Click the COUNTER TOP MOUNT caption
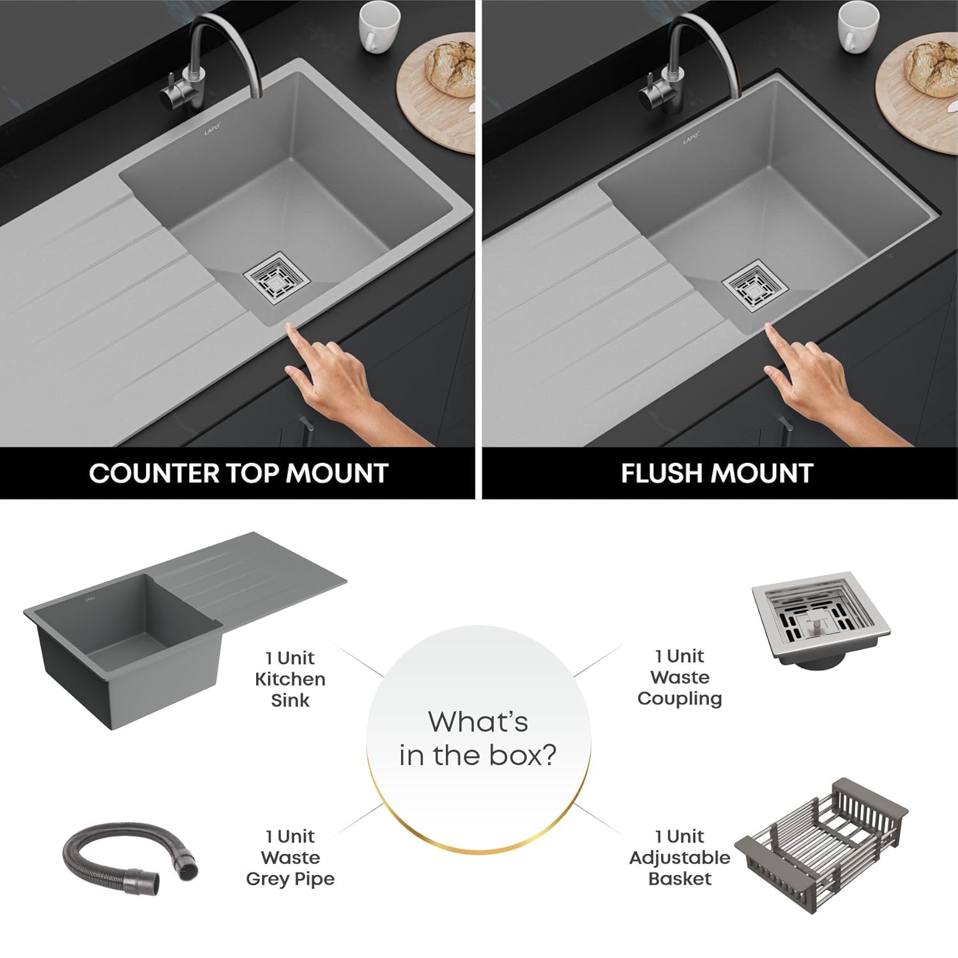pyautogui.click(x=238, y=473)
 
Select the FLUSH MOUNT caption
pyautogui.click(x=717, y=473)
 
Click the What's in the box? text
pyautogui.click(x=478, y=738)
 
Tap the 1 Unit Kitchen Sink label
pyautogui.click(x=290, y=679)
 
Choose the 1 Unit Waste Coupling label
pyautogui.click(x=680, y=677)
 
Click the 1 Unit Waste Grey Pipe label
pyautogui.click(x=290, y=857)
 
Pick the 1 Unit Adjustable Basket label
pyautogui.click(x=680, y=857)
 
